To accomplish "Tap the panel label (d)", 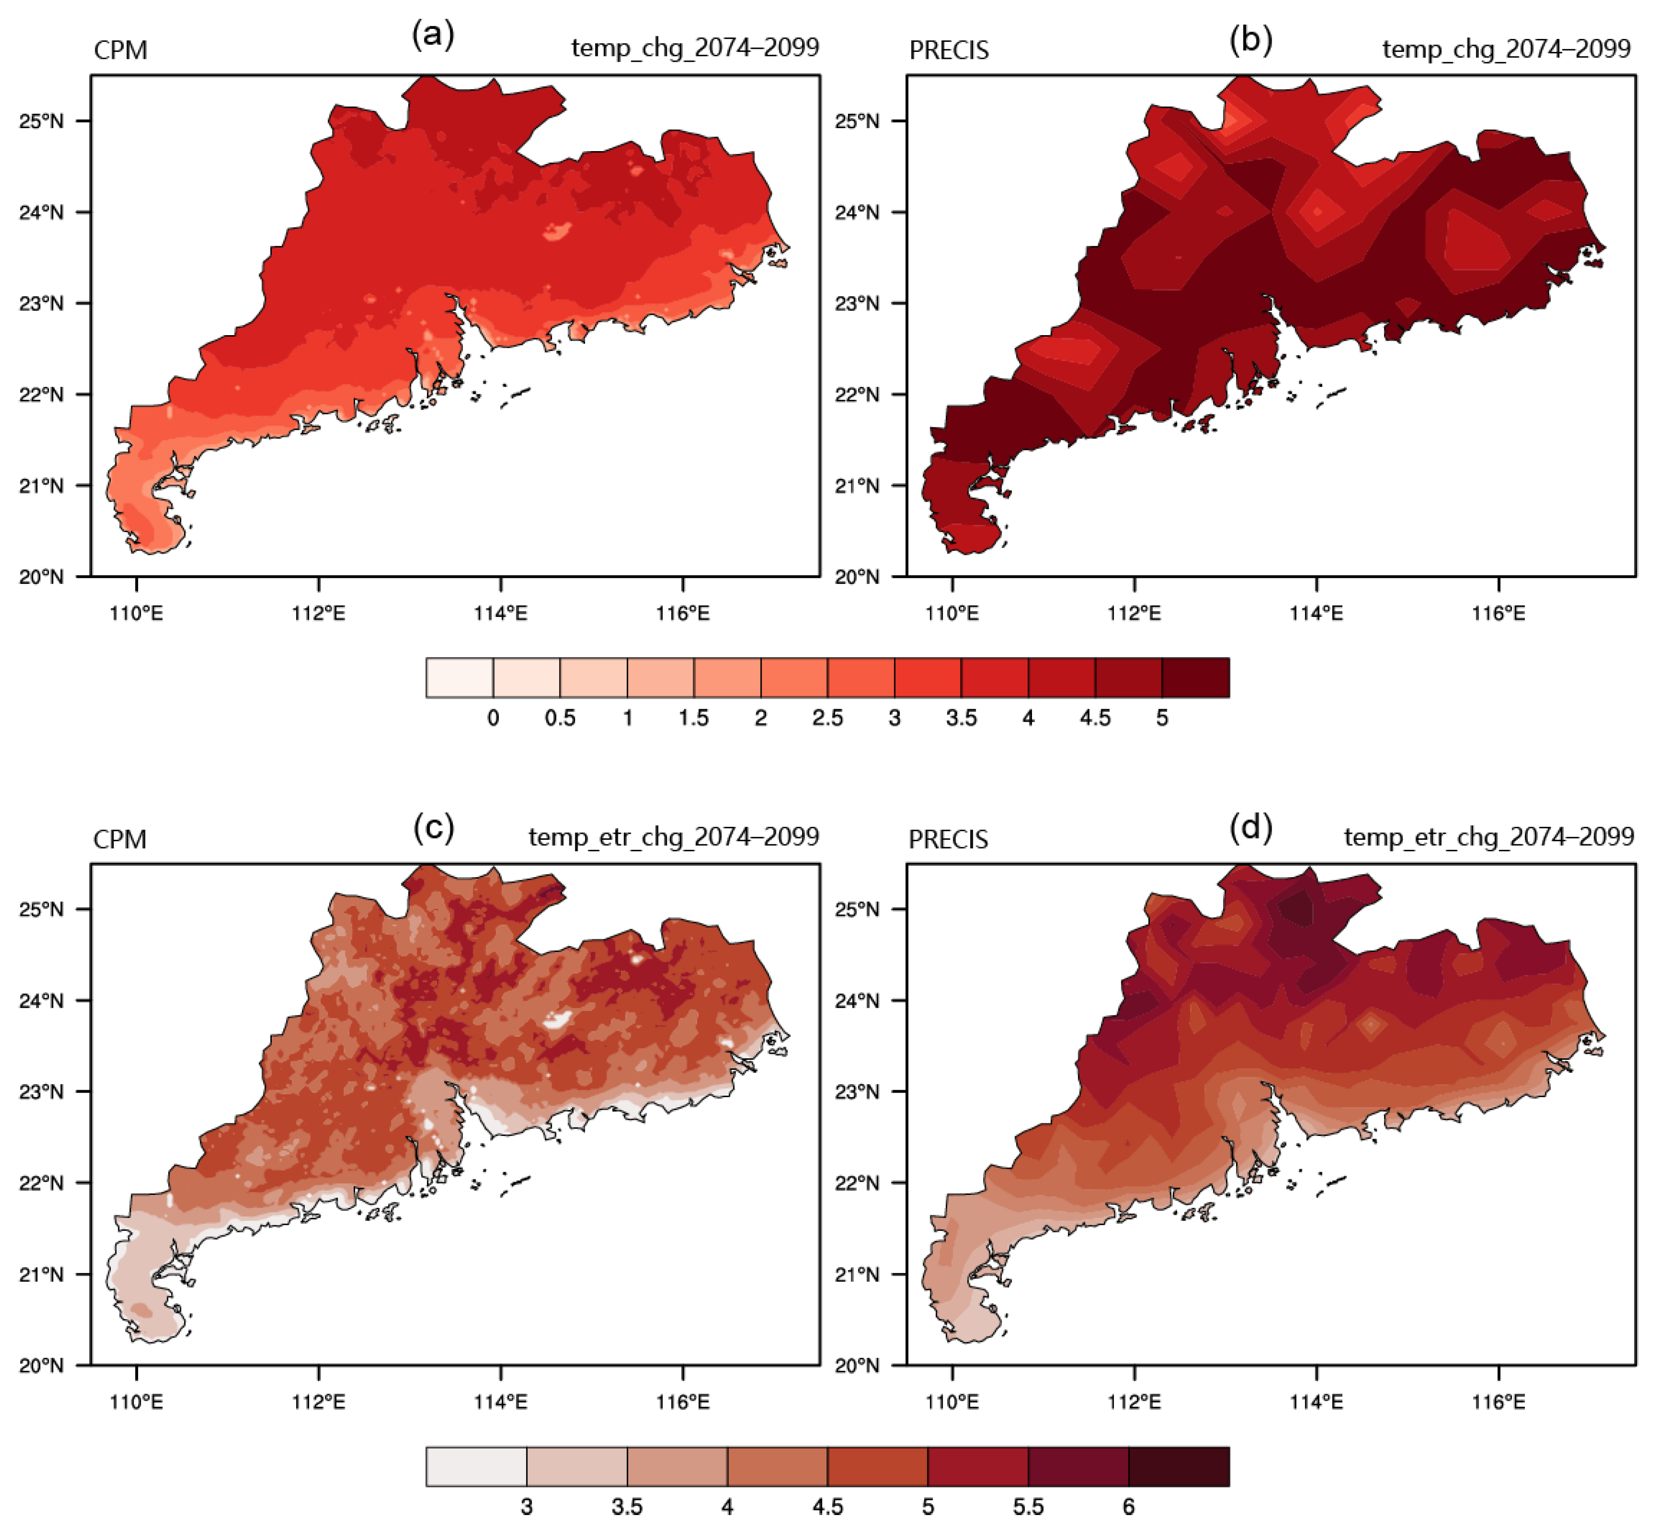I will (x=1250, y=826).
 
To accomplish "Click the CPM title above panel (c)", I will (x=120, y=839).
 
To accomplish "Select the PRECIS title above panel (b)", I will (x=949, y=50).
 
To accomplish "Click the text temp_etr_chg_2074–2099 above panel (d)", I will (x=1489, y=837).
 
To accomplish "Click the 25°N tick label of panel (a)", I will (x=41, y=122).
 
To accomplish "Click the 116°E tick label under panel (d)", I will (x=1499, y=1402).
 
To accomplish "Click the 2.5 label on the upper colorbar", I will (x=827, y=718).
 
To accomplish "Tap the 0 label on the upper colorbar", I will (x=493, y=718).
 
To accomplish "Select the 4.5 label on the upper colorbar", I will (x=1095, y=718).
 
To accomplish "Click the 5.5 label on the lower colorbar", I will (x=1028, y=1507).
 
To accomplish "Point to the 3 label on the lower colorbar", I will (x=526, y=1507).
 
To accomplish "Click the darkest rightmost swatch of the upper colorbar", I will (x=1195, y=678).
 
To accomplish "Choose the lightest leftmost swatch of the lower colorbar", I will (x=476, y=1467).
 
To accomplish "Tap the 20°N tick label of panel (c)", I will (x=41, y=1365).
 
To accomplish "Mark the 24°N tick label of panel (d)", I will (x=857, y=1001).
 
